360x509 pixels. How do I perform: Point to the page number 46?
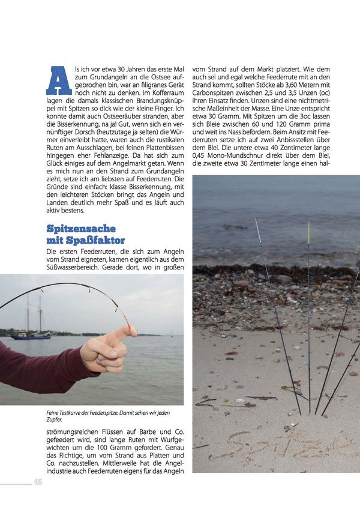(38, 482)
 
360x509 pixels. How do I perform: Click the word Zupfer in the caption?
(55, 420)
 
